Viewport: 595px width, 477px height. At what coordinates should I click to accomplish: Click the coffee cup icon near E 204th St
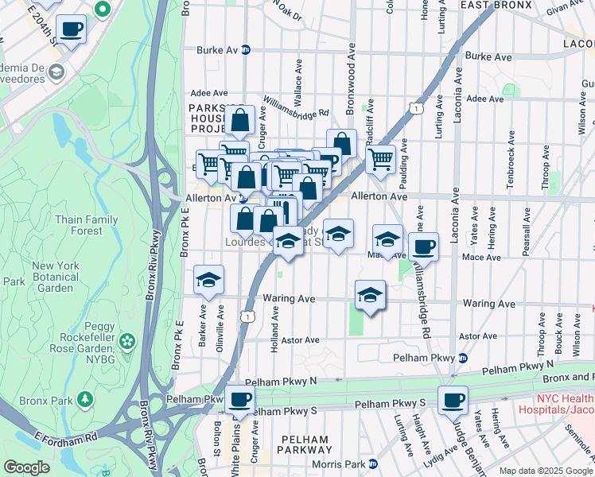pyautogui.click(x=72, y=30)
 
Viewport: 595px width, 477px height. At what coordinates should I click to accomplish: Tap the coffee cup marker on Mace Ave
pyautogui.click(x=423, y=246)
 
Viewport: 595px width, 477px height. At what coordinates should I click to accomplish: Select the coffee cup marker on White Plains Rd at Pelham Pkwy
pyautogui.click(x=239, y=400)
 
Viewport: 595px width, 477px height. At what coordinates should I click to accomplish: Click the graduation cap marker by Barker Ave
pyautogui.click(x=209, y=280)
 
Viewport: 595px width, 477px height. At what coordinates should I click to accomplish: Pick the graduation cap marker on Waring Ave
pyautogui.click(x=370, y=295)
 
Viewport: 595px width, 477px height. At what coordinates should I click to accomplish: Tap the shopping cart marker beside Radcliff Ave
pyautogui.click(x=380, y=159)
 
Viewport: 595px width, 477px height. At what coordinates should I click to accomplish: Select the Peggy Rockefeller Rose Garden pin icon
pyautogui.click(x=127, y=342)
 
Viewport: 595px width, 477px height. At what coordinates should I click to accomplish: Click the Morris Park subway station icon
pyautogui.click(x=372, y=463)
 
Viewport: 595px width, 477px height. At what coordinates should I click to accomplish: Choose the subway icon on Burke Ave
pyautogui.click(x=246, y=48)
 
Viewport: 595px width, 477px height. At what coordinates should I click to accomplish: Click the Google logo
pyautogui.click(x=27, y=467)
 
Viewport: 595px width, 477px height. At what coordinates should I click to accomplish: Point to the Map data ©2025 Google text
pyautogui.click(x=545, y=471)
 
